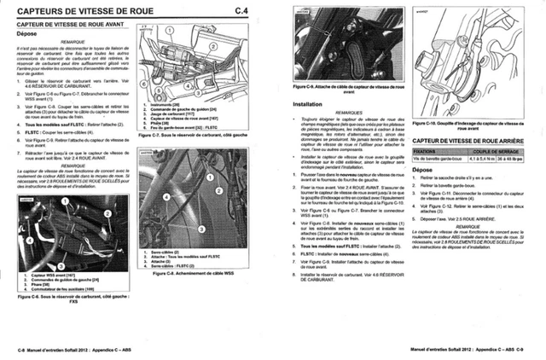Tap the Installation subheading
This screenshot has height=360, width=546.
(x=308, y=103)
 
